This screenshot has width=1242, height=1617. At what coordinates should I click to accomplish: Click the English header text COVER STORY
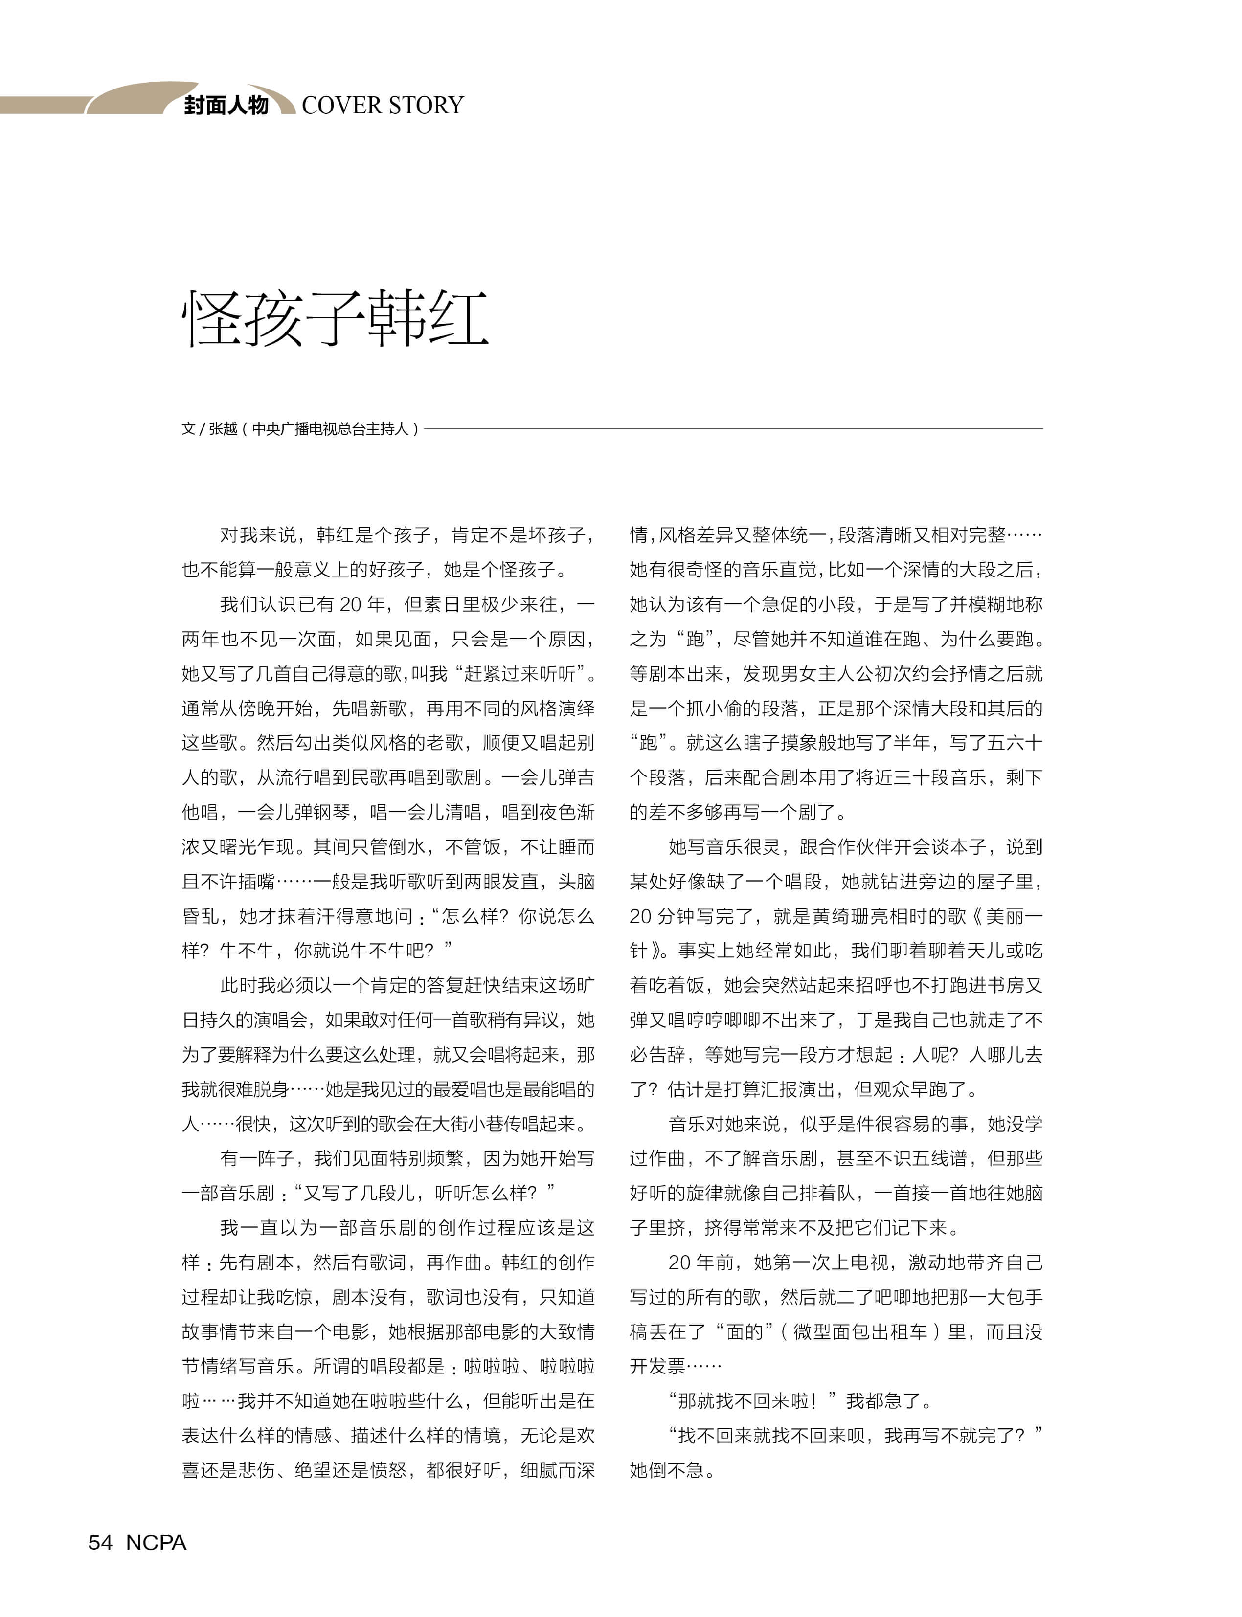click(x=382, y=105)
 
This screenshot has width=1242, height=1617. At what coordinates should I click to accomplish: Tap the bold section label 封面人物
click(x=226, y=105)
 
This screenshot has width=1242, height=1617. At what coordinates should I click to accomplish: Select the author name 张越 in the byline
click(x=223, y=429)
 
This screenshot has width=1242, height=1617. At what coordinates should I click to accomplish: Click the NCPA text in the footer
click(x=156, y=1542)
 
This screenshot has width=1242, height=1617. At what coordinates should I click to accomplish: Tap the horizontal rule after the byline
click(x=732, y=429)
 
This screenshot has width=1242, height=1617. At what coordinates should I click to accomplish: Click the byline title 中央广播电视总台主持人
click(x=331, y=429)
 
